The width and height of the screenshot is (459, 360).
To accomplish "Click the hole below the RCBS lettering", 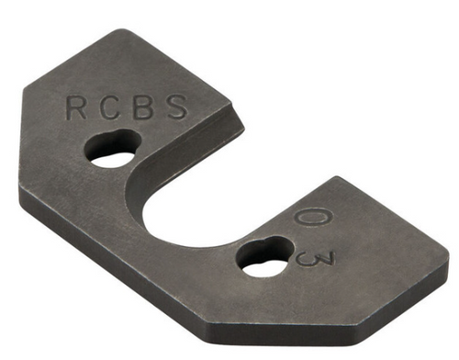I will (114, 150).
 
